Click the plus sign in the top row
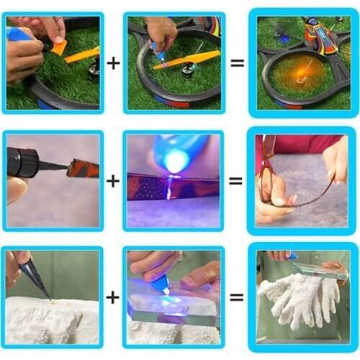113,63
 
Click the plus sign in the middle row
113,180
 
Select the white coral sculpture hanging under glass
292,302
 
